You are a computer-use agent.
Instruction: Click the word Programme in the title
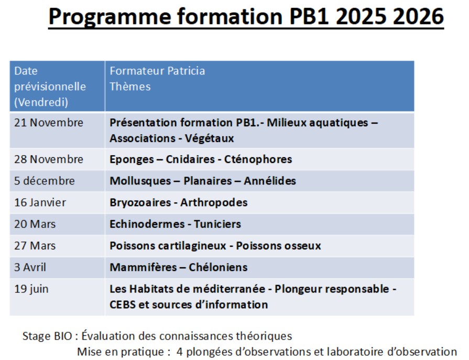[x=110, y=17]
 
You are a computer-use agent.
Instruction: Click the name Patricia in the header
[x=186, y=71]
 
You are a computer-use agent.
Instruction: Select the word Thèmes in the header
[x=130, y=86]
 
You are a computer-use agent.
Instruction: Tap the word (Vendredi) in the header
[x=41, y=102]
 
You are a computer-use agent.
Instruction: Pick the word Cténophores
[x=258, y=159]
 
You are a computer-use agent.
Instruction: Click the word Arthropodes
[x=214, y=203]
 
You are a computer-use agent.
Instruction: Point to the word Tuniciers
[x=217, y=224]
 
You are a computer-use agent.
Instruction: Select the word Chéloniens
[x=219, y=267]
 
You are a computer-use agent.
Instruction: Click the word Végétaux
[x=210, y=138]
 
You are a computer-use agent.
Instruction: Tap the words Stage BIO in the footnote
[x=47, y=336]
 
